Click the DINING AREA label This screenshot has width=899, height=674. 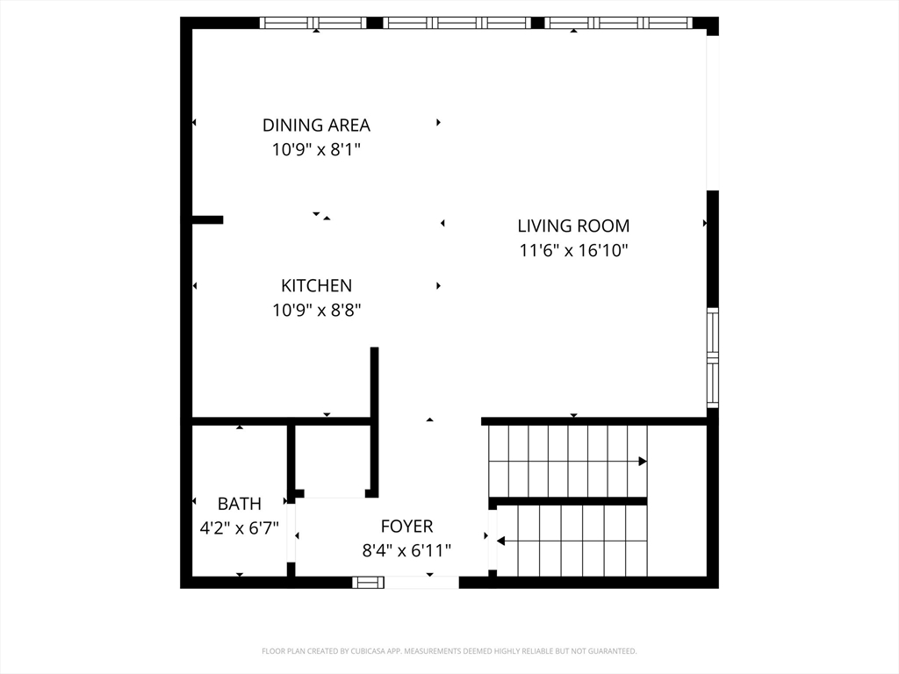(x=316, y=125)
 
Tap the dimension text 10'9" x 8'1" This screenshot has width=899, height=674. (x=316, y=149)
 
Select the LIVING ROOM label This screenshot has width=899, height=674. (x=573, y=226)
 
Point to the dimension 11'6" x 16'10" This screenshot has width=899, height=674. (x=574, y=250)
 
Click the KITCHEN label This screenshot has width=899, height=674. (x=316, y=285)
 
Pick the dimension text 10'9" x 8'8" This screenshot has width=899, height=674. (x=316, y=310)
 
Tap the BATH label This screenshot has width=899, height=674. (x=239, y=504)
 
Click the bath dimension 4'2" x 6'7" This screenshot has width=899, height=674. (x=239, y=527)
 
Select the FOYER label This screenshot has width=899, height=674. (x=407, y=527)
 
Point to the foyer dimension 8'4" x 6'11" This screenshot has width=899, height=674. (x=406, y=551)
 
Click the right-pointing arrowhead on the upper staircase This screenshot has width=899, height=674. (x=643, y=462)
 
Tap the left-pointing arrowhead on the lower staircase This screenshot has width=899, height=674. (x=500, y=541)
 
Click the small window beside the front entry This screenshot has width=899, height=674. (x=368, y=583)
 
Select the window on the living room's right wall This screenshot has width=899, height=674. (x=712, y=358)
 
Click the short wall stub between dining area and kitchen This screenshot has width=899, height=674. (x=207, y=219)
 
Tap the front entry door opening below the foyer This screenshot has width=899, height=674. (x=421, y=583)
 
